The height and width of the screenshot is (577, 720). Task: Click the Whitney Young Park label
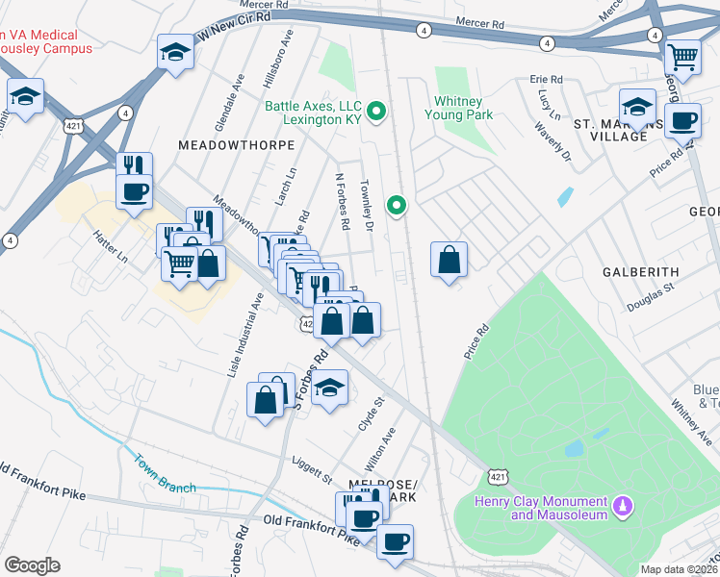tap(458, 107)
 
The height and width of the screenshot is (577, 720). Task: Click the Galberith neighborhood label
tap(641, 272)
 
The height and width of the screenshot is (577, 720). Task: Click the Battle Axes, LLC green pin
tap(377, 113)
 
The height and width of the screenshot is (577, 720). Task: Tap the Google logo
tap(32, 565)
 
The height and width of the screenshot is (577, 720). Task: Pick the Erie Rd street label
tap(545, 79)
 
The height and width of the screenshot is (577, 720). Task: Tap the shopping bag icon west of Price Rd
tap(449, 259)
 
